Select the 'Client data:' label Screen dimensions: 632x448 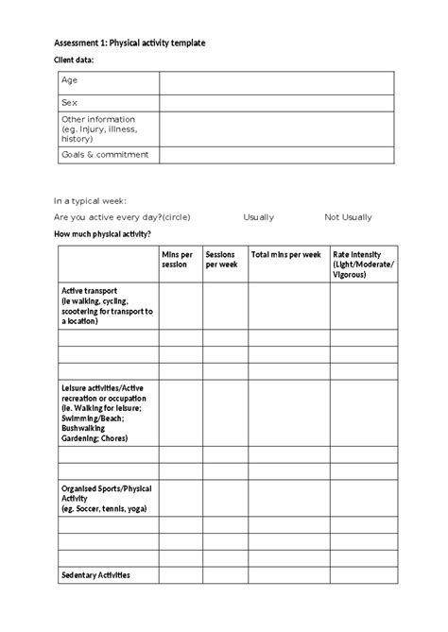pos(75,61)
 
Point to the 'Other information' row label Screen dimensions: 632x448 pos(97,128)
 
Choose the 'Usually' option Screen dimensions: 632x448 pos(258,217)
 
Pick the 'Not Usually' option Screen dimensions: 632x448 pos(348,217)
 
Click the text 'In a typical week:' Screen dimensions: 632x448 pos(90,201)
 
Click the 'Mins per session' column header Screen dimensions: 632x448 pos(177,259)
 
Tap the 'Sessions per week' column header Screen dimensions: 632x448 pos(222,259)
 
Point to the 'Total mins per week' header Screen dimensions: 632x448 pos(285,254)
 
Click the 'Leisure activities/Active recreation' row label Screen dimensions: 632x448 pos(104,413)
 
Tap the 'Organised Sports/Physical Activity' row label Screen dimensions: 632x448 pos(104,498)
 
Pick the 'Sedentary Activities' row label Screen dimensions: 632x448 pos(95,575)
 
